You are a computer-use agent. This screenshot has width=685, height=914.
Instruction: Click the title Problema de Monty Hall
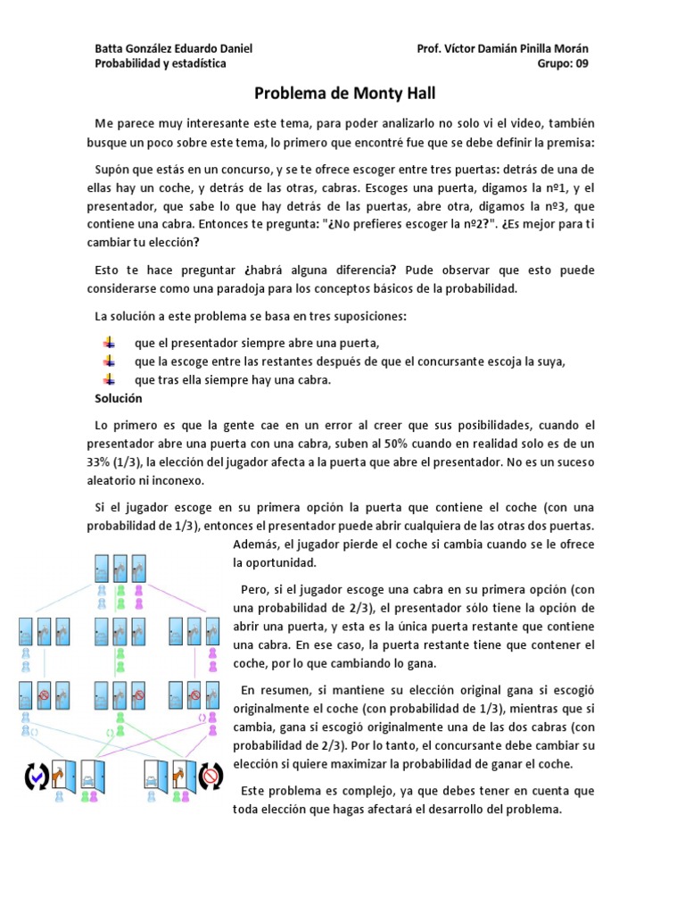point(345,93)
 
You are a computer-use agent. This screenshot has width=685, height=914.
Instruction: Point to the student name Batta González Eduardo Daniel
point(174,48)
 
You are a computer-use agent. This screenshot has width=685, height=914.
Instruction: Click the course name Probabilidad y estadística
point(161,63)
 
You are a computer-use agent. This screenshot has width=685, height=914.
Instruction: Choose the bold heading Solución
point(119,398)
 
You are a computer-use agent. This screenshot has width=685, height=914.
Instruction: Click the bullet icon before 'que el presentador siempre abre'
point(109,343)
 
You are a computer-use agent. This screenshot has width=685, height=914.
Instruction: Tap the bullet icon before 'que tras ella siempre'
point(109,379)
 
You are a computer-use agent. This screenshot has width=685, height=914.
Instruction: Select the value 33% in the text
point(100,461)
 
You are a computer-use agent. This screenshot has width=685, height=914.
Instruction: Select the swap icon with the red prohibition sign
point(210,777)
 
